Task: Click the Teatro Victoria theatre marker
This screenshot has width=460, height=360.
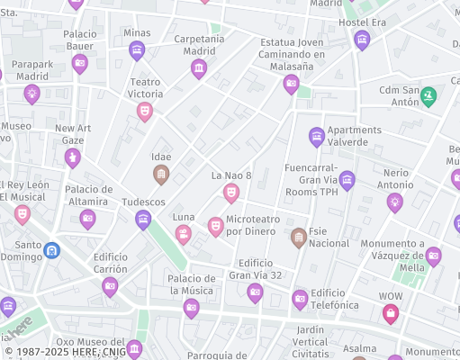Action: click(x=144, y=111)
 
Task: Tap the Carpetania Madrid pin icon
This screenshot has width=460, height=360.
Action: click(x=199, y=68)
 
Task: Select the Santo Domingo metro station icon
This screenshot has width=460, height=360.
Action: click(x=52, y=249)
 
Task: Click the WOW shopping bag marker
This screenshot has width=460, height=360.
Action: click(x=390, y=313)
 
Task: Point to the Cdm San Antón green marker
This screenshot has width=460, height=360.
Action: click(x=428, y=95)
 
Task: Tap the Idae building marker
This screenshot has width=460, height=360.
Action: click(x=161, y=175)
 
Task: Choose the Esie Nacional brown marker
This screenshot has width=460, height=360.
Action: click(x=299, y=238)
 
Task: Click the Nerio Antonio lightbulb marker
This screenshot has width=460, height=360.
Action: click(x=394, y=202)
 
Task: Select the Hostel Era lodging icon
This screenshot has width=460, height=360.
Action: click(x=362, y=40)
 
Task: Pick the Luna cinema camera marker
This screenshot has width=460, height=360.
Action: click(x=184, y=235)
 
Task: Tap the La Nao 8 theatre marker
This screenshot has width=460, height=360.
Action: click(x=231, y=193)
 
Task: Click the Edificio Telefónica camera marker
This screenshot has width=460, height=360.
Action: click(x=300, y=299)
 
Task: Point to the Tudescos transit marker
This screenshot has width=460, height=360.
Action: click(x=143, y=220)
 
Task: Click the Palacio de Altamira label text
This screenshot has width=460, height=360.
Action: click(x=88, y=194)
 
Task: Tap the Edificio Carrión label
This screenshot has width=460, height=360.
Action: click(x=110, y=262)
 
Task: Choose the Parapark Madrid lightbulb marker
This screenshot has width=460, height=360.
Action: click(x=32, y=94)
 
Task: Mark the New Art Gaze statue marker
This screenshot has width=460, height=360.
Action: click(x=72, y=158)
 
